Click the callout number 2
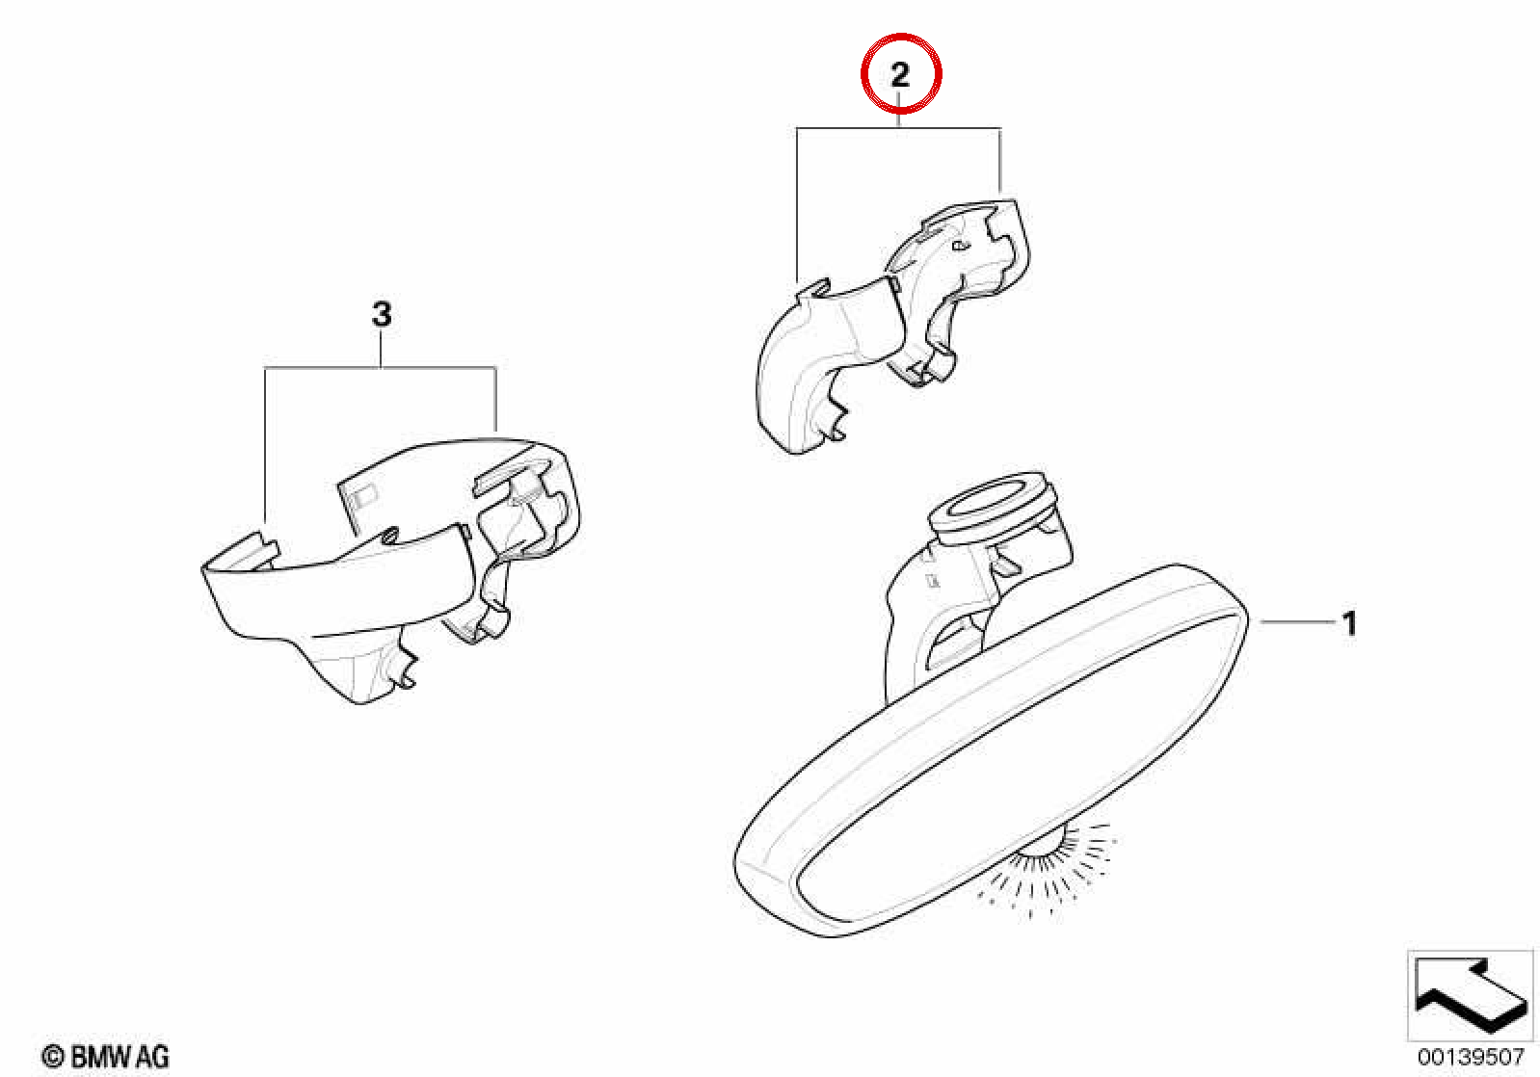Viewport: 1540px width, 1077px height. click(900, 74)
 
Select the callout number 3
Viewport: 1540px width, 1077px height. click(382, 314)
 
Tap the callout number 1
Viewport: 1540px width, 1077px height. click(1349, 623)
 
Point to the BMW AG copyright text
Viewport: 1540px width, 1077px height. click(105, 1056)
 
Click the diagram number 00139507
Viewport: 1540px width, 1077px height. click(1471, 1056)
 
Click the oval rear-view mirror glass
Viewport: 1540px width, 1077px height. click(990, 749)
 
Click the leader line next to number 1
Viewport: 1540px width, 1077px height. click(1296, 622)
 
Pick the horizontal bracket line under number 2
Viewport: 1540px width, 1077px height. click(898, 128)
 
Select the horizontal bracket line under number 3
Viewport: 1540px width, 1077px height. click(381, 368)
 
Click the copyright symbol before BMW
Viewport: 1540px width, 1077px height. click(53, 1057)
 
